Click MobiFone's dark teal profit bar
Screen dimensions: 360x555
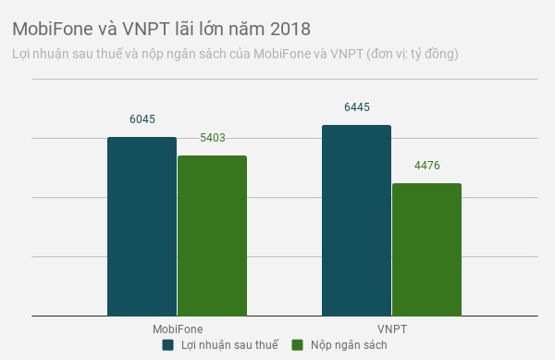click(x=142, y=227)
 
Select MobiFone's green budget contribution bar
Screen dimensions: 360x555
click(x=212, y=236)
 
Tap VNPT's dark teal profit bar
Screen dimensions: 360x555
click(x=356, y=220)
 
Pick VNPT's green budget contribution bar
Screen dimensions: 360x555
click(x=426, y=250)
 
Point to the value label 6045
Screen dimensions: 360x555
click(x=142, y=119)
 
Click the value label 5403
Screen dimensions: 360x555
click(x=212, y=138)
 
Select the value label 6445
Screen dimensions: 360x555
click(x=356, y=107)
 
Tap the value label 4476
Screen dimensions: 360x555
click(x=426, y=166)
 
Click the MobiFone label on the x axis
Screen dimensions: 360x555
click(x=177, y=329)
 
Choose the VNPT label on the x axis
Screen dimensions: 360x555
click(x=391, y=329)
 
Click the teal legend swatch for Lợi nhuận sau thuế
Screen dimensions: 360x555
click(x=168, y=345)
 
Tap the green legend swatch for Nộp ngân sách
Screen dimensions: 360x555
click(x=298, y=345)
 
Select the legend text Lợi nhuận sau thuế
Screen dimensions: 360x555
click(x=228, y=345)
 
